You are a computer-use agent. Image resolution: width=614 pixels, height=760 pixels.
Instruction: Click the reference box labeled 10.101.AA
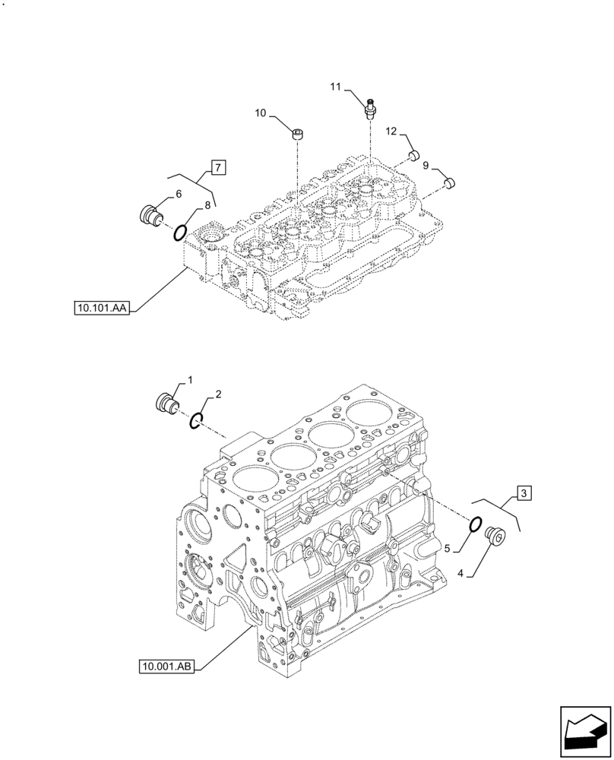103,308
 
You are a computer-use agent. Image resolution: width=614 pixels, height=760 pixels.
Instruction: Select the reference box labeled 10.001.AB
167,667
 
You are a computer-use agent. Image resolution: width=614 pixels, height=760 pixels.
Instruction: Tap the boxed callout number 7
217,166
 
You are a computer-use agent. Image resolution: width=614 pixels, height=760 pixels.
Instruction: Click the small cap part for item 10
299,135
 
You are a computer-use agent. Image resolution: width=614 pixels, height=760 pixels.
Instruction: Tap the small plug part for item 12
414,156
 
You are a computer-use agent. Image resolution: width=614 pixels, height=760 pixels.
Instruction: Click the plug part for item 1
166,403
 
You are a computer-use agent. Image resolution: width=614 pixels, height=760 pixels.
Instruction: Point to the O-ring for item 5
475,524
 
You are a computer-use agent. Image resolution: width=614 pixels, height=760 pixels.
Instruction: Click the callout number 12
391,132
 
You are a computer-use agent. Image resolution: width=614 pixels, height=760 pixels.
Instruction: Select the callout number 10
260,113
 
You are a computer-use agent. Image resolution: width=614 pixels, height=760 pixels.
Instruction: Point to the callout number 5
448,547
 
